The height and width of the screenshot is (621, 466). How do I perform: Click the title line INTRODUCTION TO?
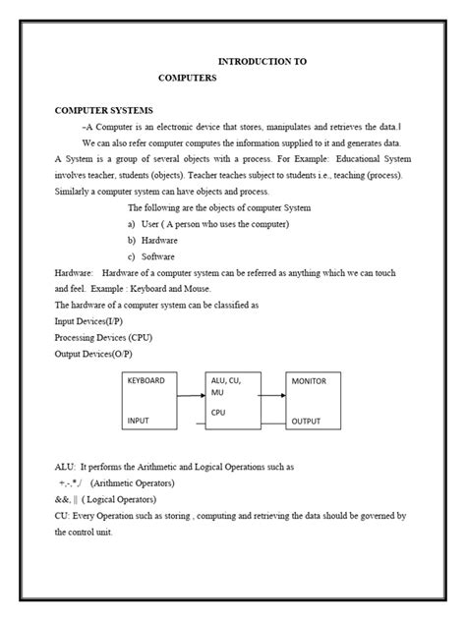click(x=262, y=61)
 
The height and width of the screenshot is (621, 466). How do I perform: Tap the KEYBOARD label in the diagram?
click(x=146, y=380)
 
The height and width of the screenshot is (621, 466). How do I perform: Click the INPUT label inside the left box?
click(x=138, y=421)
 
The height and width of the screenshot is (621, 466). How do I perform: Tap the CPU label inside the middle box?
click(x=218, y=413)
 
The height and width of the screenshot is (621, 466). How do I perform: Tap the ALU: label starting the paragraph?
click(x=65, y=467)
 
